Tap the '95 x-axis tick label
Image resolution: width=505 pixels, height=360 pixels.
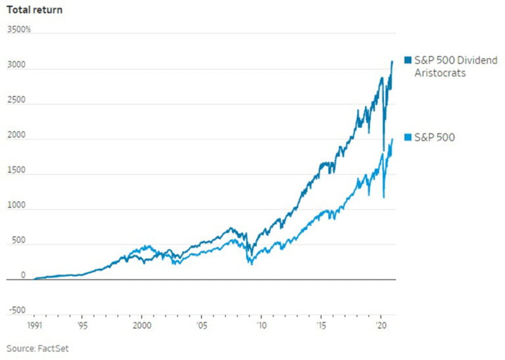point(81,325)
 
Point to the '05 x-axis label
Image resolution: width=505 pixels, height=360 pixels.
point(201,325)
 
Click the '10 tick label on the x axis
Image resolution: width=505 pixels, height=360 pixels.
point(261,325)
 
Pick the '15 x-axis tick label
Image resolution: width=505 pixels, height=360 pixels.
point(321,325)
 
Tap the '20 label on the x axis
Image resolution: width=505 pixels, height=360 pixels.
point(380,325)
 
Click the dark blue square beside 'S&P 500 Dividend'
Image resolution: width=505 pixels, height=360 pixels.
point(408,60)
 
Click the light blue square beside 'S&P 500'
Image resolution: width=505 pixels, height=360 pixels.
point(408,137)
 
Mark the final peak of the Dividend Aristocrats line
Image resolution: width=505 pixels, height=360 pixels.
point(393,61)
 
